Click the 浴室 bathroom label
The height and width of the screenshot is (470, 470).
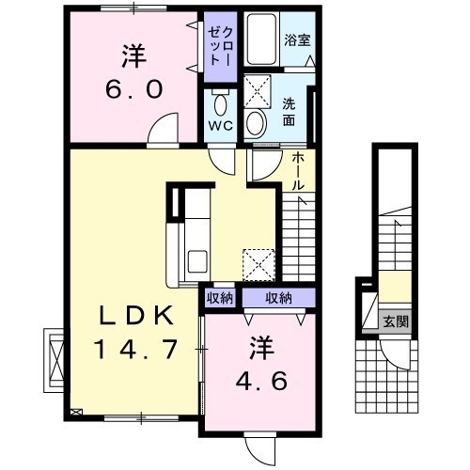pyautogui.click(x=297, y=40)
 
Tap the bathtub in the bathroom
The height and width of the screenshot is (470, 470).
pyautogui.click(x=261, y=39)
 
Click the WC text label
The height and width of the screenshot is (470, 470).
pyautogui.click(x=221, y=126)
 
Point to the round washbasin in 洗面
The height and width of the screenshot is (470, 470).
pyautogui.click(x=257, y=124)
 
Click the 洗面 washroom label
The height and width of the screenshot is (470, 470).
pyautogui.click(x=289, y=112)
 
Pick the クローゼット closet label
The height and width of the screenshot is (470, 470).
pyautogui.click(x=221, y=46)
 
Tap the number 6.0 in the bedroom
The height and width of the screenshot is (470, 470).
pyautogui.click(x=134, y=88)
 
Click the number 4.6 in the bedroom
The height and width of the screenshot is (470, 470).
pyautogui.click(x=261, y=381)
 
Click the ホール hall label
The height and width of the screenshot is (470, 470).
pyautogui.click(x=298, y=172)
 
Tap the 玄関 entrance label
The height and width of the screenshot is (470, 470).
pyautogui.click(x=396, y=321)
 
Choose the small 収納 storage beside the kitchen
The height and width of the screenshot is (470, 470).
pyautogui.click(x=220, y=298)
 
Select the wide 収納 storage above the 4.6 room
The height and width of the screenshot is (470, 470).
pyautogui.click(x=278, y=298)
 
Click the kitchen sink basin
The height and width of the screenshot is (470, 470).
pyautogui.click(x=197, y=261)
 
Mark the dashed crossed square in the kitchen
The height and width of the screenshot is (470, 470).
pyautogui.click(x=258, y=265)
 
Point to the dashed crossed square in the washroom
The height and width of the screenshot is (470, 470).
pyautogui.click(x=257, y=91)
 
